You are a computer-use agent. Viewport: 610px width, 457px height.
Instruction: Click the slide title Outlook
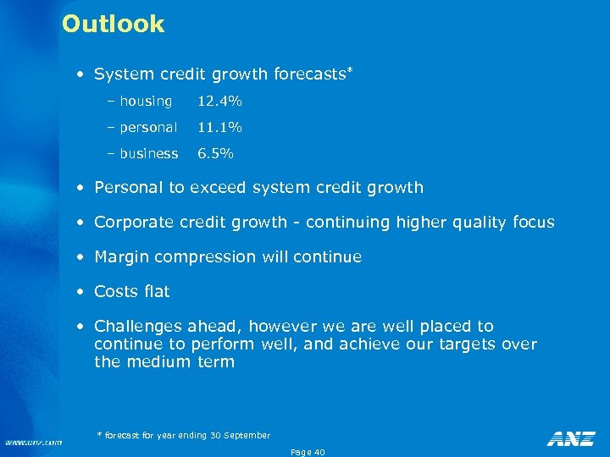tap(113, 24)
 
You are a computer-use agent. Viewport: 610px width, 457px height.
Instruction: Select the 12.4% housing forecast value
tap(219, 102)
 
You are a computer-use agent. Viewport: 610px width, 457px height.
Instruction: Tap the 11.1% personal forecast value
tap(219, 128)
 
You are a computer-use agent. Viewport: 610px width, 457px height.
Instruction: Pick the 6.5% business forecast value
tap(215, 154)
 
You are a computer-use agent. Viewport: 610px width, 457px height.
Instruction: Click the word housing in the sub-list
tap(146, 102)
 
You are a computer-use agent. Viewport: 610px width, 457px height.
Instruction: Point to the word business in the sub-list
tap(149, 154)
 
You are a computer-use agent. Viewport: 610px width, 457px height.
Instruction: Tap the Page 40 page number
tap(308, 452)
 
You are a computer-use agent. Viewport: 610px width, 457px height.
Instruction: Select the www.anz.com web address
tap(33, 442)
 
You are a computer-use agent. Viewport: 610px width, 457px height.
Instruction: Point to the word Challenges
tap(136, 326)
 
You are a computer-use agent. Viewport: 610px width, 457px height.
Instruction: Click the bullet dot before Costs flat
tap(80, 292)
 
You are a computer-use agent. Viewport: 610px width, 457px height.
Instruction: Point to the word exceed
tap(219, 187)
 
